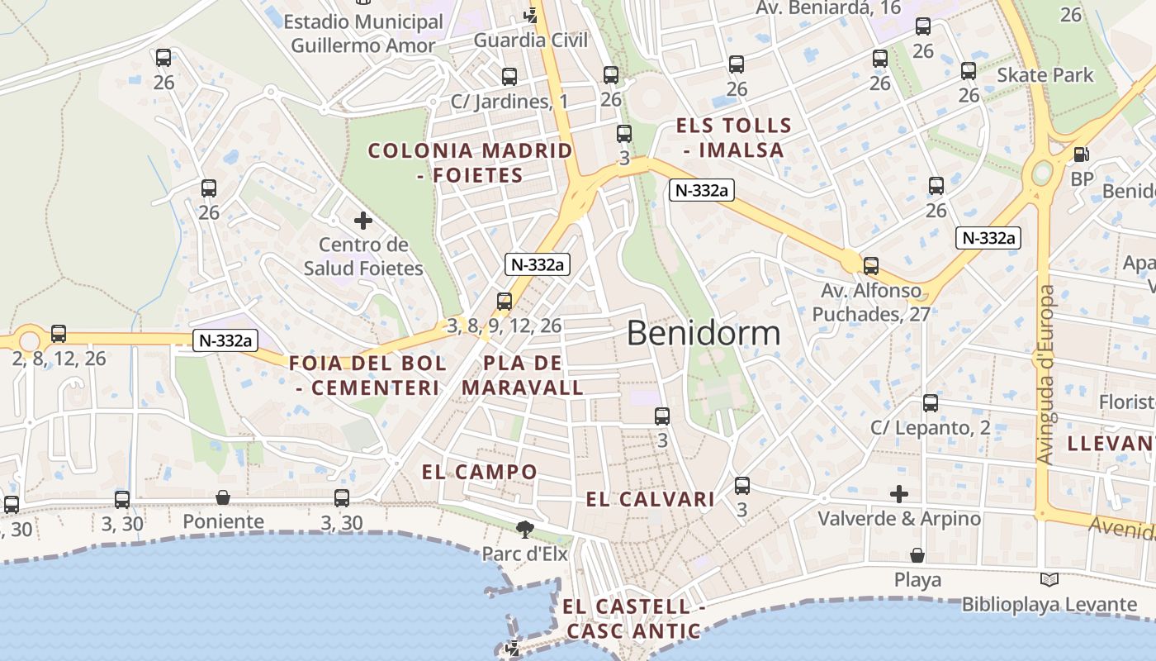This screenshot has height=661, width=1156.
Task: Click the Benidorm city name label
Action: click(704, 333)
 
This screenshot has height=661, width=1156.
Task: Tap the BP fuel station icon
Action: click(1080, 155)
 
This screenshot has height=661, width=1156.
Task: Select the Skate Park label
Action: click(1045, 75)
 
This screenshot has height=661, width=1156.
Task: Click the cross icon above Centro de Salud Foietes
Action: click(362, 221)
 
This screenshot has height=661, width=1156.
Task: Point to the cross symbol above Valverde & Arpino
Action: click(899, 494)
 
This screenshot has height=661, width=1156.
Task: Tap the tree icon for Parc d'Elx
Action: click(524, 529)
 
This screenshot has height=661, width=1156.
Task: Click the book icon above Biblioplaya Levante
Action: click(1049, 580)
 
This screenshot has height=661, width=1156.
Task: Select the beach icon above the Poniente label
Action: click(223, 497)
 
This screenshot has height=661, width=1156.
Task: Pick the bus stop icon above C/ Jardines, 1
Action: click(509, 77)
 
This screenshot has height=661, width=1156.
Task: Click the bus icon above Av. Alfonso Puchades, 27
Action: click(871, 266)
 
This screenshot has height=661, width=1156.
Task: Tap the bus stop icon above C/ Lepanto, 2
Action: click(931, 403)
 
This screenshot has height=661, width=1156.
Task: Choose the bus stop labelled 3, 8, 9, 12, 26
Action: click(505, 302)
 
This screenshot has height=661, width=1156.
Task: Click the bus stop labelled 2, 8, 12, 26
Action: click(59, 334)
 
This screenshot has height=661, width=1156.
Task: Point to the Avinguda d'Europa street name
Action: click(1046, 374)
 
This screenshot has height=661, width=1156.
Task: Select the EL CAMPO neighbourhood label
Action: click(480, 473)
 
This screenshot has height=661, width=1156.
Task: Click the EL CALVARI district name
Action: click(651, 499)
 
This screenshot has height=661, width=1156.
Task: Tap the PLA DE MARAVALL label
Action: click(523, 375)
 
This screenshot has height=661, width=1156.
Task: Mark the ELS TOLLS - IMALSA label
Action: click(734, 138)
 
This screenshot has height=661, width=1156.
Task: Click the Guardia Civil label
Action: click(531, 40)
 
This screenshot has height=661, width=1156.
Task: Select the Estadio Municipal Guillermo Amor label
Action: click(364, 33)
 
